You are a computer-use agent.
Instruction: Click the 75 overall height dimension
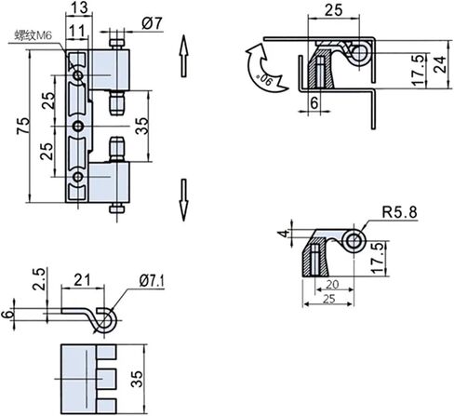[x=23, y=126]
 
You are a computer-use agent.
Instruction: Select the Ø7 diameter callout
[x=153, y=23]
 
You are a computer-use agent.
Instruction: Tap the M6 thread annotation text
[x=33, y=35]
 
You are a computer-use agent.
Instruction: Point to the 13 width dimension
[x=80, y=7]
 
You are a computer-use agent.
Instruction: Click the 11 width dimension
[x=77, y=32]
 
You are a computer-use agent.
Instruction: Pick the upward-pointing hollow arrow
[x=183, y=56]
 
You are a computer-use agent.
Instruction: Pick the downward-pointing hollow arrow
[x=184, y=200]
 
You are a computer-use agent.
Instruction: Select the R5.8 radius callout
[x=399, y=212]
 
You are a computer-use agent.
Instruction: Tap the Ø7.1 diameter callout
[x=152, y=281]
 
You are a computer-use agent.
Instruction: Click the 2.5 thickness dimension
[x=40, y=279]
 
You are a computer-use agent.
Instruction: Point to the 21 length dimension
[x=82, y=280]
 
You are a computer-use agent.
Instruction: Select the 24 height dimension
[x=440, y=64]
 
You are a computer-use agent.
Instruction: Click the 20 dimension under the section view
[x=332, y=284]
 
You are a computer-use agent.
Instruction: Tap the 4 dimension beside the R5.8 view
[x=284, y=234]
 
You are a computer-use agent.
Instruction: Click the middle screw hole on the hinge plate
[x=77, y=127]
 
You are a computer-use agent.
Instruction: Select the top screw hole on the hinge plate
[x=77, y=75]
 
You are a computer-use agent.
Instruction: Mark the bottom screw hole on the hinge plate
[x=77, y=177]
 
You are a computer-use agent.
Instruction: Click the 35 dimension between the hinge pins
[x=142, y=126]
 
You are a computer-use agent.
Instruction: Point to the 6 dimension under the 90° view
[x=314, y=103]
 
